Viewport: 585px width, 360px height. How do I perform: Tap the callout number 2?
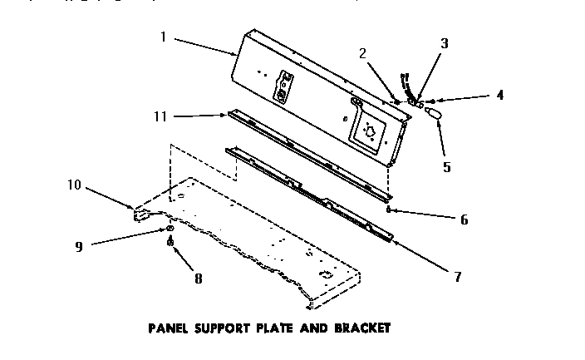coord(362,54)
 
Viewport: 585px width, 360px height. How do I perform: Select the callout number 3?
coord(444,44)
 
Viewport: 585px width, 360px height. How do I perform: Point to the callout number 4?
coord(499,95)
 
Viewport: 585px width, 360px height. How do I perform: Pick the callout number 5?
coord(446,165)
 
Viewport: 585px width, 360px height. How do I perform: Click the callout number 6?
coord(464,220)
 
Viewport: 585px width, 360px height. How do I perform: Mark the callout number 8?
coord(197,279)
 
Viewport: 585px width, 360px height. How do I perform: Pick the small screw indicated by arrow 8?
coord(170,244)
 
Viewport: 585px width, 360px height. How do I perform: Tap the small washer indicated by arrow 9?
coord(170,228)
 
